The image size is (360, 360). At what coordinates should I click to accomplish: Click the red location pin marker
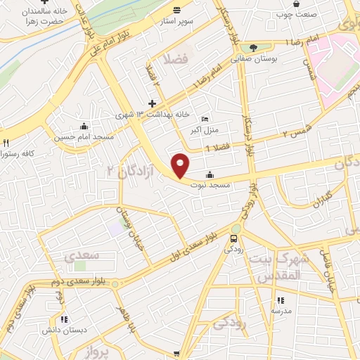181,165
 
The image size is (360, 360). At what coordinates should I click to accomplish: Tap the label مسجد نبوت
210,186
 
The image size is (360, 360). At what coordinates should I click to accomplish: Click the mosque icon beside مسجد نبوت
210,175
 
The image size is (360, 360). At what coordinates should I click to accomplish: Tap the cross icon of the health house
152,103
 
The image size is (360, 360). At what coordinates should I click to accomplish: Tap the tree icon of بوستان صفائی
253,47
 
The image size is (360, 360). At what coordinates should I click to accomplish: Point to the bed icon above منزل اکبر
205,120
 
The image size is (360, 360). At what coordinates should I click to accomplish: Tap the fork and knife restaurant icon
6,142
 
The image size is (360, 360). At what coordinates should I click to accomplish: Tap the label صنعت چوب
295,13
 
